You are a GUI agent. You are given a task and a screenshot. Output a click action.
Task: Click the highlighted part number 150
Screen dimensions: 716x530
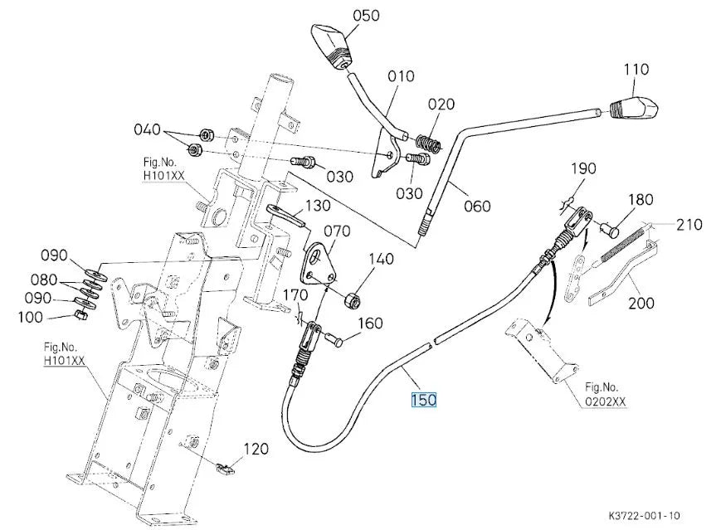pyautogui.click(x=423, y=400)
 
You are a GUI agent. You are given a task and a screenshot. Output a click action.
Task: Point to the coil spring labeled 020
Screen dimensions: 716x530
pyautogui.click(x=428, y=143)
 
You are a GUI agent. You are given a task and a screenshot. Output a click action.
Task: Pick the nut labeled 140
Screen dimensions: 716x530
pyautogui.click(x=353, y=300)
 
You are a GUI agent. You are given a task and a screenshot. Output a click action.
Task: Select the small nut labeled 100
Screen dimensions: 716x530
pyautogui.click(x=80, y=315)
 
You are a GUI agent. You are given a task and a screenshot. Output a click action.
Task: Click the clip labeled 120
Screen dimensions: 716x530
pyautogui.click(x=224, y=468)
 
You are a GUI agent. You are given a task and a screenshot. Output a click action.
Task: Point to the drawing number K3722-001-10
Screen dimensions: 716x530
pyautogui.click(x=645, y=516)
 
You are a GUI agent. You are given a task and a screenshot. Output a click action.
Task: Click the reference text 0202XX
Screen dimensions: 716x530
pyautogui.click(x=606, y=402)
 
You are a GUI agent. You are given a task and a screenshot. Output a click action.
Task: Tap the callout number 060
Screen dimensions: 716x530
pyautogui.click(x=477, y=207)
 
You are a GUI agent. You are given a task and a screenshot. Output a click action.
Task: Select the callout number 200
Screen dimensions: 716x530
pyautogui.click(x=641, y=303)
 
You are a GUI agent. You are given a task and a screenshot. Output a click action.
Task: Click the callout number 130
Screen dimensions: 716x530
pyautogui.click(x=318, y=206)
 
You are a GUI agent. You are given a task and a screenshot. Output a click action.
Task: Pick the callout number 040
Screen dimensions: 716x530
pyautogui.click(x=147, y=129)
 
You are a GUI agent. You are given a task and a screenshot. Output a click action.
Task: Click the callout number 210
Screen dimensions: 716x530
pyautogui.click(x=689, y=225)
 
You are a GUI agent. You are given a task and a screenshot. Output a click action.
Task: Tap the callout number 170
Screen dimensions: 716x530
pyautogui.click(x=295, y=295)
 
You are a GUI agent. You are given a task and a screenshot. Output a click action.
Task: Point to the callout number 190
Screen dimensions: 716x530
pyautogui.click(x=583, y=168)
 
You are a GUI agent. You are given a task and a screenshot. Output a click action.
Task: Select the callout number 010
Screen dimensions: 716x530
pyautogui.click(x=401, y=75)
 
